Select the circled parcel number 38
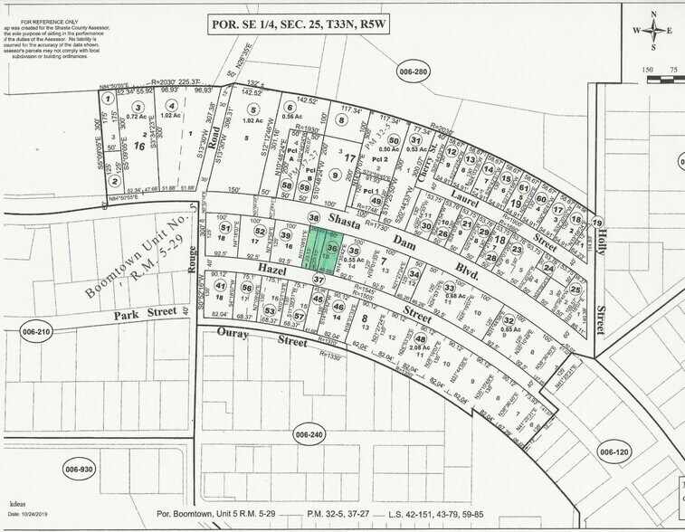tap(314, 218)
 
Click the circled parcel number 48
tap(421, 339)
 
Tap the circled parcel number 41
tap(220, 286)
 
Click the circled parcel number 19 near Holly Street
tap(597, 223)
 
